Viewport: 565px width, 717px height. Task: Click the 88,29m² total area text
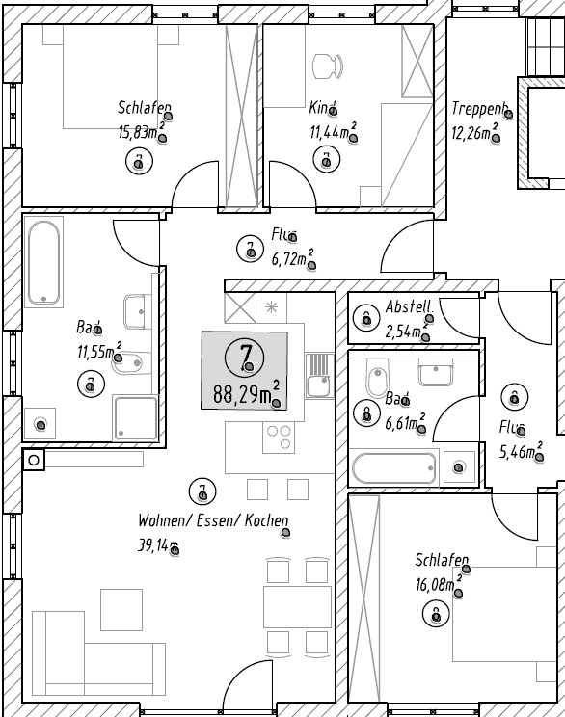[x=245, y=394]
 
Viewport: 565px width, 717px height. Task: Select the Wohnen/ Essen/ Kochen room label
[x=213, y=521]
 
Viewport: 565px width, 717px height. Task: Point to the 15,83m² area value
[x=141, y=131]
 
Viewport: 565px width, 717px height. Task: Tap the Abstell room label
[x=409, y=307]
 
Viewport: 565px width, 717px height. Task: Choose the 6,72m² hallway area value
[x=292, y=258]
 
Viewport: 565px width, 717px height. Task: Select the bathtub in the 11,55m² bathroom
[x=43, y=262]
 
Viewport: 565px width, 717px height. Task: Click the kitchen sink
[x=317, y=375]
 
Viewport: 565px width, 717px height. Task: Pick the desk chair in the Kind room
[x=327, y=66]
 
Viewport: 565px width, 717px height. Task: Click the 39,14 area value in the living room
[x=158, y=546]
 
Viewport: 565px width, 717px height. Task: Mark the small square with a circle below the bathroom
[x=34, y=460]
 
